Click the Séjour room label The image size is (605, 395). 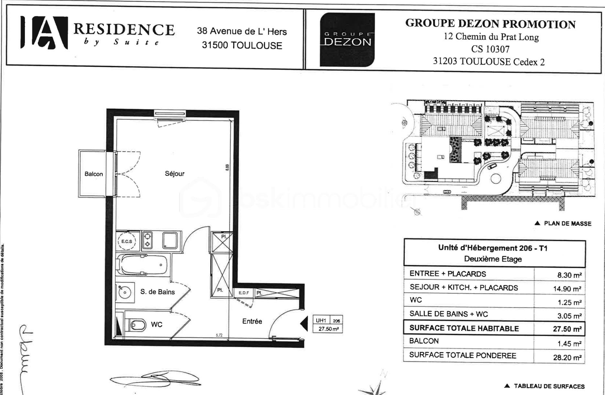[174, 174]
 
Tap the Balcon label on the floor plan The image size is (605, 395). [93, 174]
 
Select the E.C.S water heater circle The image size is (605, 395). [126, 241]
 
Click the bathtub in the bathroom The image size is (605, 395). [143, 265]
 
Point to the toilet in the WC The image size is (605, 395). [137, 325]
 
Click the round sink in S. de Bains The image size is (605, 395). [124, 292]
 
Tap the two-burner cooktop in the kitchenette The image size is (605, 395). [148, 240]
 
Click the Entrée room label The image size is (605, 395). [252, 321]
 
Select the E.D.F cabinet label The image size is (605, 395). [244, 293]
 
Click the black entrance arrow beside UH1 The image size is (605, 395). [304, 324]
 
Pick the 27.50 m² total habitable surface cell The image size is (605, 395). [567, 329]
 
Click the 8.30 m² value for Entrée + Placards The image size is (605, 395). [569, 275]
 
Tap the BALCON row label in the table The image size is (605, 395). [424, 341]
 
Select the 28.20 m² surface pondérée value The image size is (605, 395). [567, 357]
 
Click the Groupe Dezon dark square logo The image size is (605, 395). [347, 39]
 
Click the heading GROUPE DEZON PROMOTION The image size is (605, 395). [490, 24]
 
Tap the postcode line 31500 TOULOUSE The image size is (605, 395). [242, 45]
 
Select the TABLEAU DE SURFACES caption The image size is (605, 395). [549, 386]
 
